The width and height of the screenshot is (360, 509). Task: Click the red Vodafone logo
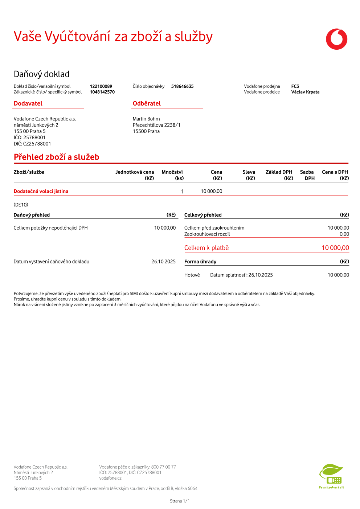(336, 39)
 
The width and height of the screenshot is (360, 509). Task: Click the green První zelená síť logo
(331, 476)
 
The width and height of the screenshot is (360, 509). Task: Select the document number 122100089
(101, 86)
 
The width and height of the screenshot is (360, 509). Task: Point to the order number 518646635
(182, 86)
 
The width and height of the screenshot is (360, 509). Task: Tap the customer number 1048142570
(102, 92)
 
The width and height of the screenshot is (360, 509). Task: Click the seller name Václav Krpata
(305, 92)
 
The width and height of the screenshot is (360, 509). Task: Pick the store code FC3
(295, 86)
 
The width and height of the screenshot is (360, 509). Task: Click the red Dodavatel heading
(28, 103)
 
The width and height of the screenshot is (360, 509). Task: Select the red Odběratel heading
(147, 103)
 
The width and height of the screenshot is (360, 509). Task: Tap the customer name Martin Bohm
(146, 119)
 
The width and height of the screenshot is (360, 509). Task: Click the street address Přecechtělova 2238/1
(156, 125)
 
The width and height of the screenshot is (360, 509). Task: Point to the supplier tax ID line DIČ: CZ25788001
(32, 144)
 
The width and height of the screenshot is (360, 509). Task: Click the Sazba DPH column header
(307, 175)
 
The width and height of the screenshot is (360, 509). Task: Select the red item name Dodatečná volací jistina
(41, 191)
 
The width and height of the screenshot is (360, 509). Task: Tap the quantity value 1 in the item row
(182, 192)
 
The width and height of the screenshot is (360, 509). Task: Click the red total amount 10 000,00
(335, 248)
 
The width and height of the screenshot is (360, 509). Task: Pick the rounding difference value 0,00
(344, 234)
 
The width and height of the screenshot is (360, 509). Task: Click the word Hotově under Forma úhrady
(192, 275)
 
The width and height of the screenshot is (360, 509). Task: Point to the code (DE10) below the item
(21, 205)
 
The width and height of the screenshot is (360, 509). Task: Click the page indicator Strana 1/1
(180, 501)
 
